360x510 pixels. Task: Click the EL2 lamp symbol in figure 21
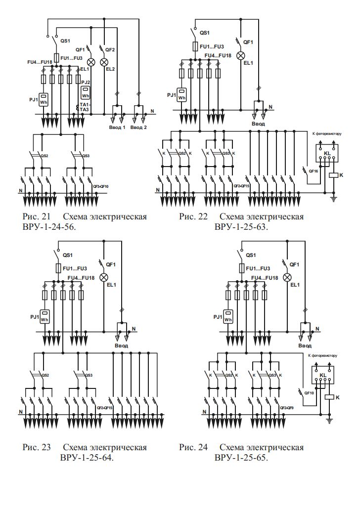point(104,62)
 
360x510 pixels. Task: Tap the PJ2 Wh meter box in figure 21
point(86,93)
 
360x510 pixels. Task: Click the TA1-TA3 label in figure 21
point(85,107)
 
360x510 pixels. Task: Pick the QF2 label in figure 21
point(110,50)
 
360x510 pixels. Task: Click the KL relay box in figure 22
point(327,154)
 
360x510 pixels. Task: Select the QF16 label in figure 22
point(313,171)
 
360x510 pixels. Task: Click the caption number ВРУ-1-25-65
point(241,457)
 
